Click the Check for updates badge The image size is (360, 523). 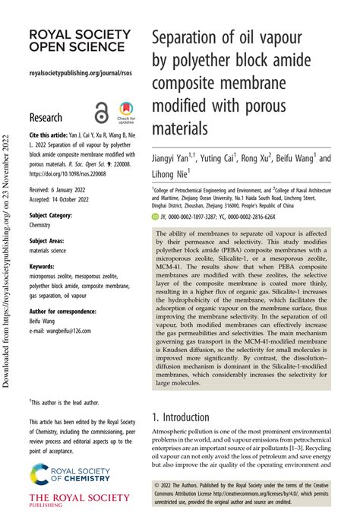coord(125,113)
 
